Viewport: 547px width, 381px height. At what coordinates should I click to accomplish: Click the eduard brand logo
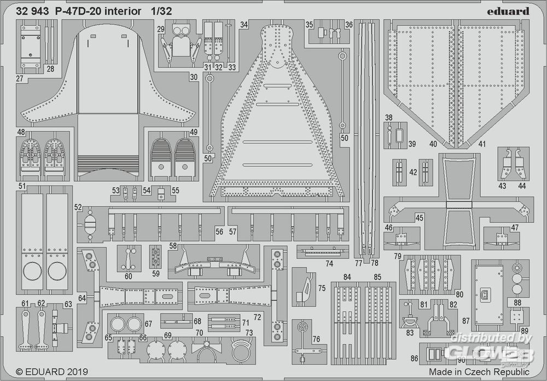[506, 11]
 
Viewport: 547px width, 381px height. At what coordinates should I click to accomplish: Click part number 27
[20, 79]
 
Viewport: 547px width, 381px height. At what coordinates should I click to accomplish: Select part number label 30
[194, 78]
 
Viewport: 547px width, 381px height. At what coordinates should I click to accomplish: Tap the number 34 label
[244, 25]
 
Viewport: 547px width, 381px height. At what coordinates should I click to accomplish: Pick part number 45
[420, 217]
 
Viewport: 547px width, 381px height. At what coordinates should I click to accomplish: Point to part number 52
[78, 207]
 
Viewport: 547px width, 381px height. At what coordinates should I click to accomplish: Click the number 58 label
[173, 247]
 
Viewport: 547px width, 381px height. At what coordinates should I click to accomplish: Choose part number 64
[82, 298]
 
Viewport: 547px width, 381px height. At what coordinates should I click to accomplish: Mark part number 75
[322, 288]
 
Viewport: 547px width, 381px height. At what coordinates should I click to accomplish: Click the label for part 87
[465, 321]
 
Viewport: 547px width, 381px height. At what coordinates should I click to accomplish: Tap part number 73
[249, 333]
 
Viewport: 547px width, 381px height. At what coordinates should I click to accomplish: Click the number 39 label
[412, 144]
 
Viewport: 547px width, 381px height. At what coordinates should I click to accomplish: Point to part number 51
[22, 186]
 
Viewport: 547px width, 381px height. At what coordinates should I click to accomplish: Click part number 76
[316, 339]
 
